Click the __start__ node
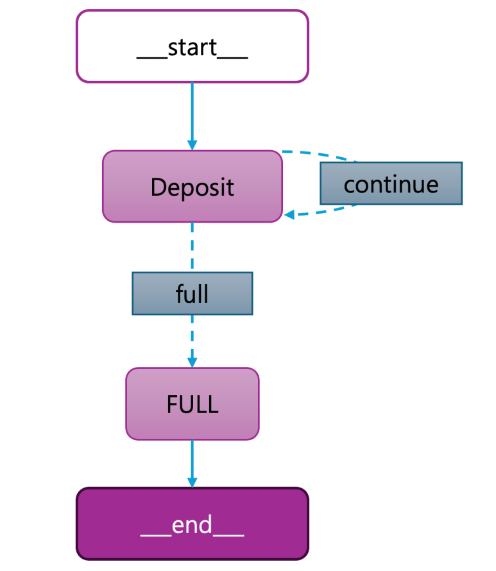(192, 46)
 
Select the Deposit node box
(192, 187)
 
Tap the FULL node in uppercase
(192, 404)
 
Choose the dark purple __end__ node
(192, 524)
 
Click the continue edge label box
(391, 183)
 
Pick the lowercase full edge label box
(192, 293)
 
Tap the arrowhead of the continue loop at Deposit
(289, 215)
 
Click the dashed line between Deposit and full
(192, 247)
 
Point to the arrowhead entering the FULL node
(192, 362)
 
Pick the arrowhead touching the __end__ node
(192, 482)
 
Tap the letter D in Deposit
(158, 187)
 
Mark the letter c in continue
(350, 185)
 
